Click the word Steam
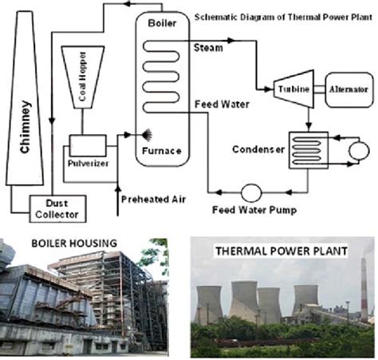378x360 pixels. pyautogui.click(x=208, y=48)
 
